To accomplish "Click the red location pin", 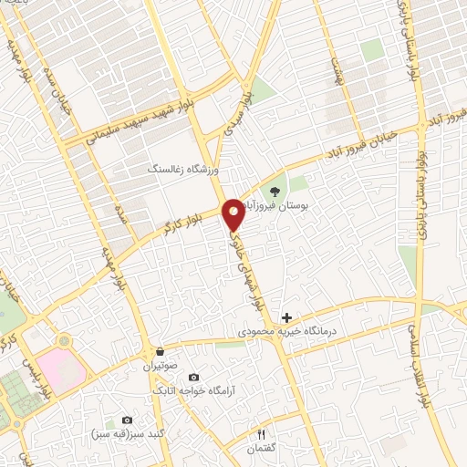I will [233, 213].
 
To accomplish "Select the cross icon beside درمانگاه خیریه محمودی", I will [287, 317].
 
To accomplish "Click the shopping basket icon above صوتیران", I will [160, 351].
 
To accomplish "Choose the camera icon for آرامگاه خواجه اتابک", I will [193, 377].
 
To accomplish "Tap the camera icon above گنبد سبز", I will [127, 420].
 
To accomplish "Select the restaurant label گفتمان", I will [262, 448].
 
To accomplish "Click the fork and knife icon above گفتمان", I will [262, 433].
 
